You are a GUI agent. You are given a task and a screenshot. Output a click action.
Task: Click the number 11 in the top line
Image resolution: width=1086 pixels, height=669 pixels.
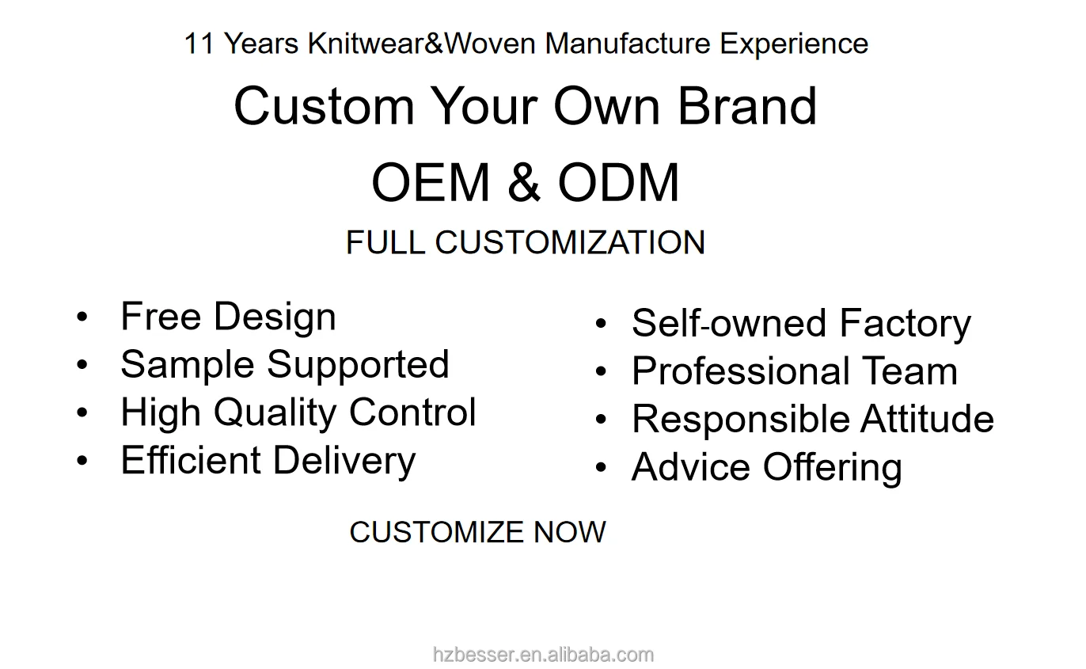tap(199, 44)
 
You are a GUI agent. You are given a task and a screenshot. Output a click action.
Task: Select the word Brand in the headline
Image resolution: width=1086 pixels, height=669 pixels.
tap(747, 105)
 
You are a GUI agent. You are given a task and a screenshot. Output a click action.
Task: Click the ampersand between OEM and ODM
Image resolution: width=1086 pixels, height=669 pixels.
tap(524, 182)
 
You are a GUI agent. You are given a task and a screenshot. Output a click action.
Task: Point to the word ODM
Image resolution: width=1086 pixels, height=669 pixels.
tap(619, 182)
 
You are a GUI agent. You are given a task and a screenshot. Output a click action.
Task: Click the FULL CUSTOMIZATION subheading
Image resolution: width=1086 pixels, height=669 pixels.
tap(526, 242)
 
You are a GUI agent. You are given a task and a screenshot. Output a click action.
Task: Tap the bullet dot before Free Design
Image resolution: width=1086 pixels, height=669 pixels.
tap(82, 317)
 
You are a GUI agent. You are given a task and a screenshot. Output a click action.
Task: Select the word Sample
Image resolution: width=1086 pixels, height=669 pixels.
tap(188, 365)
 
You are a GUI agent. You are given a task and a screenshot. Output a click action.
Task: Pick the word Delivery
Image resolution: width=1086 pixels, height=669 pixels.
tap(344, 461)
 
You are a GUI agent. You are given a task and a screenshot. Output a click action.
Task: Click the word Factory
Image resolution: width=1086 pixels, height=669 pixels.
tap(906, 323)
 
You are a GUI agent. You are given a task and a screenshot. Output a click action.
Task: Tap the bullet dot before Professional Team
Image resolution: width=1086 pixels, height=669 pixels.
tap(601, 371)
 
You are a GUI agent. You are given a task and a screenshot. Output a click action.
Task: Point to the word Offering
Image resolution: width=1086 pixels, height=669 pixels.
tap(833, 467)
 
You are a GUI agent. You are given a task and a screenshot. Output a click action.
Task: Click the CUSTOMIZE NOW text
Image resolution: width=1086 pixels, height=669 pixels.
tap(477, 532)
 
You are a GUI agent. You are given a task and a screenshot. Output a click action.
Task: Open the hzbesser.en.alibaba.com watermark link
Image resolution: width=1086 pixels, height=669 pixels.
tap(543, 655)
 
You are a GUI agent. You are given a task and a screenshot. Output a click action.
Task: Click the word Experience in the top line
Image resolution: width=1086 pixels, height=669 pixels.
tap(794, 44)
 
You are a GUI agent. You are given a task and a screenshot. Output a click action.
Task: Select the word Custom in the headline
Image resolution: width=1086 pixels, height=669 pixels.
tap(325, 105)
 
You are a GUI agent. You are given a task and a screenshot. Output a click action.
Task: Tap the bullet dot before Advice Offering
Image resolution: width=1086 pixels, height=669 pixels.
tap(601, 467)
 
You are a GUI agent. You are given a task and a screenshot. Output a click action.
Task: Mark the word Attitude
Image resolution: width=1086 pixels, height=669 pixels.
tap(928, 418)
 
